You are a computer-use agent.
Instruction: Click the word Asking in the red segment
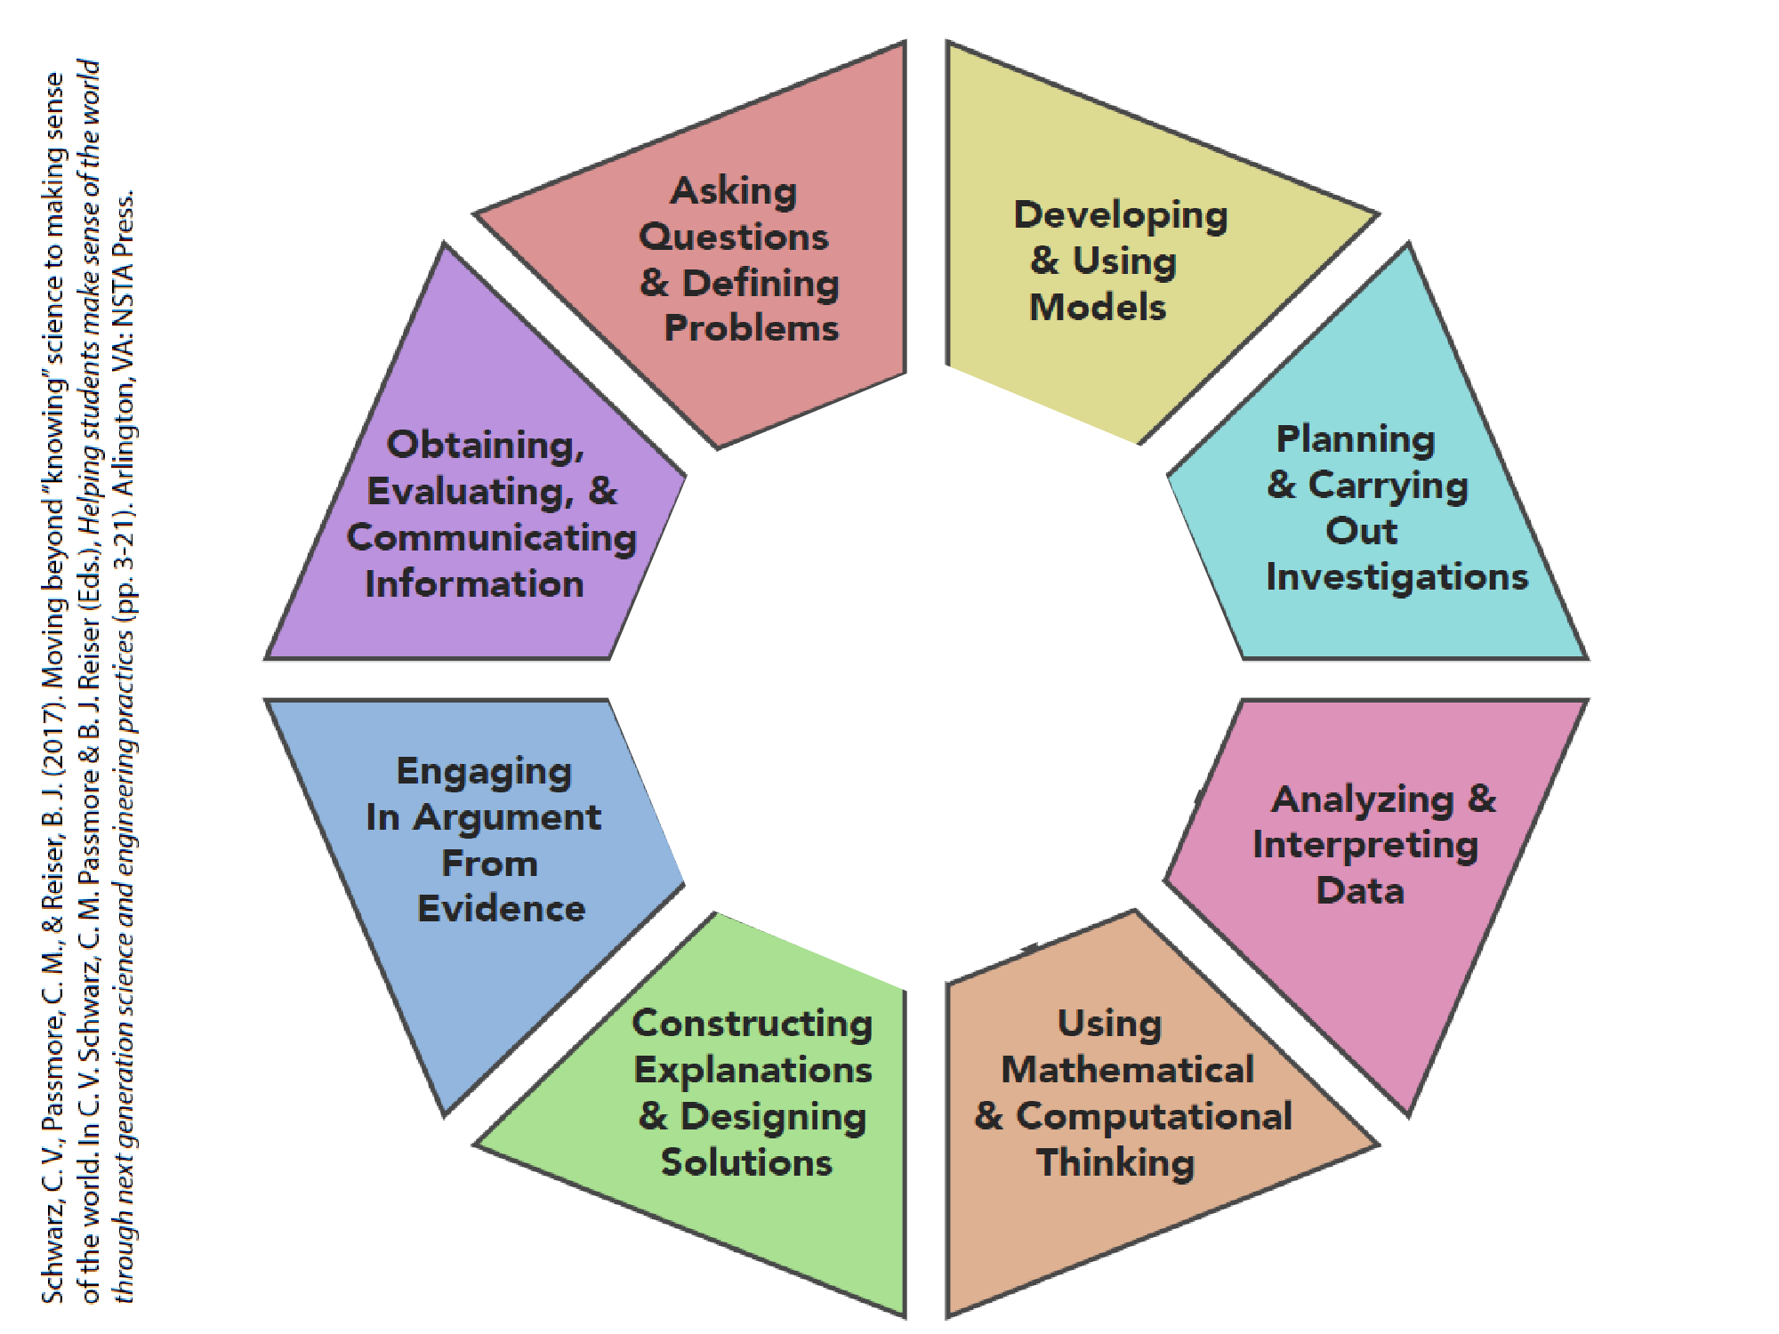click(x=733, y=192)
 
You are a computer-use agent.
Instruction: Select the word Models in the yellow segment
click(x=1097, y=308)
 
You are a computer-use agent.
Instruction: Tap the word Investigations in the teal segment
click(x=1397, y=577)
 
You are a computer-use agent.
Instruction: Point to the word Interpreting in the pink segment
click(x=1364, y=846)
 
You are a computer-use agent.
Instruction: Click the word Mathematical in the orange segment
click(x=1127, y=1070)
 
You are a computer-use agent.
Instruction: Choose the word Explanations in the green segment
click(x=753, y=1070)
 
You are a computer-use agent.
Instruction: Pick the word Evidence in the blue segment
click(x=501, y=909)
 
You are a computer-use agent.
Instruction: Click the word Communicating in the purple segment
click(x=491, y=538)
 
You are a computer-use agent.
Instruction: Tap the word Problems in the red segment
click(x=751, y=329)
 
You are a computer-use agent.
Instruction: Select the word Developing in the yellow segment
click(x=1121, y=216)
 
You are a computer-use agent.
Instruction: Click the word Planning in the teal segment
click(x=1356, y=439)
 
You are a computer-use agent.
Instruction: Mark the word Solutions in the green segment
click(x=746, y=1163)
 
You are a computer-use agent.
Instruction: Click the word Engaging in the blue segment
click(x=483, y=772)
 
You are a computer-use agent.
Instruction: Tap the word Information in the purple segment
click(x=474, y=584)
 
